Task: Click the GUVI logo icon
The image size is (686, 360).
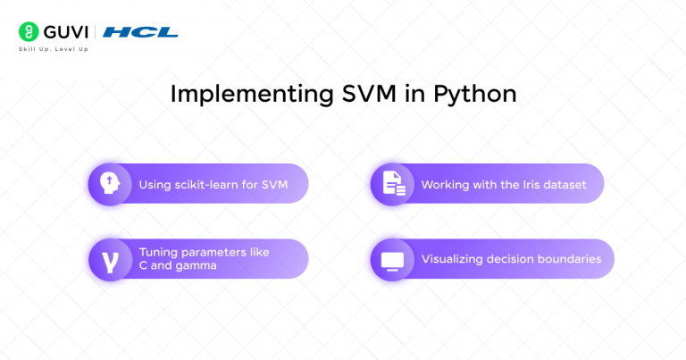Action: click(28, 31)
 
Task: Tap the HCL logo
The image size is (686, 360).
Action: click(140, 32)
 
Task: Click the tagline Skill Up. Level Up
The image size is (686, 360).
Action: click(54, 48)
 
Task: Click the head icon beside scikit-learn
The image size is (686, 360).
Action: click(109, 184)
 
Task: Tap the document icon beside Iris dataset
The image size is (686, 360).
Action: click(392, 184)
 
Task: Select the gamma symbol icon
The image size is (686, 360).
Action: click(109, 260)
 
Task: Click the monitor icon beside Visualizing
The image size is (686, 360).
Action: click(392, 260)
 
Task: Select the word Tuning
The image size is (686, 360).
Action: click(158, 252)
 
